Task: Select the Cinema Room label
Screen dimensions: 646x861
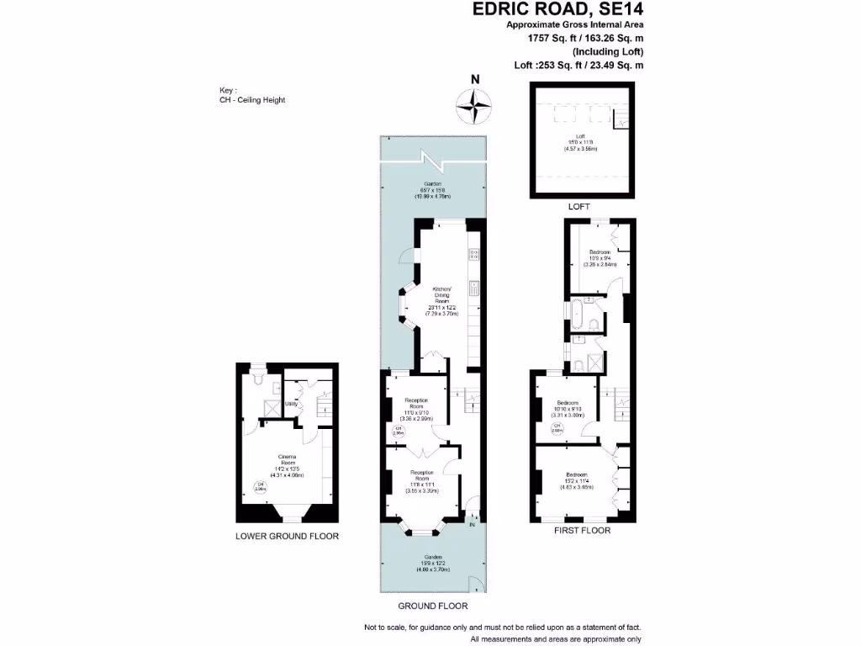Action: pos(288,463)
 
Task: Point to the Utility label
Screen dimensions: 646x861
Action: pos(292,405)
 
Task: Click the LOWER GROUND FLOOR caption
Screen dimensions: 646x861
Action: pos(287,535)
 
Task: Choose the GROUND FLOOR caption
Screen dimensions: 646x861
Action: pos(432,606)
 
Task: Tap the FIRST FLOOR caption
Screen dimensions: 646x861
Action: pos(582,531)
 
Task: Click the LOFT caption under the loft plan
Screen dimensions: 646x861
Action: pos(579,206)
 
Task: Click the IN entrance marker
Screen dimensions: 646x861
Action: pos(472,525)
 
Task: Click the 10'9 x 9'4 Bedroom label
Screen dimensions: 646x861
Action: pos(600,257)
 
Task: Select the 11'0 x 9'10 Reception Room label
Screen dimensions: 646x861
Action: pos(418,408)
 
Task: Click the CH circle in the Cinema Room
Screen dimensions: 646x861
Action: pos(261,486)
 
